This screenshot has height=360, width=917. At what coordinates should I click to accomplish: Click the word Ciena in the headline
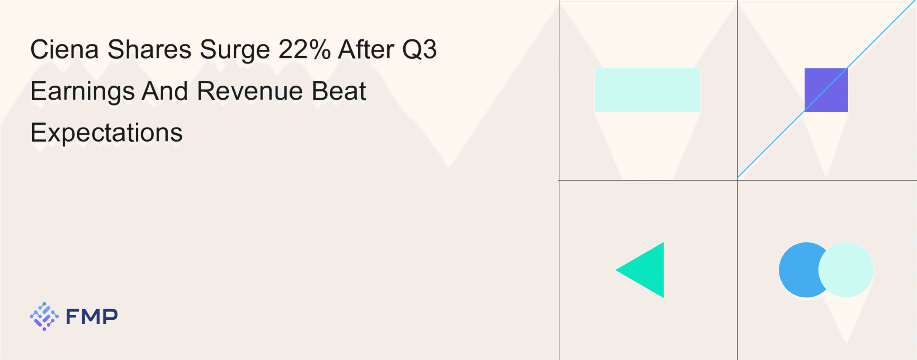pyautogui.click(x=64, y=49)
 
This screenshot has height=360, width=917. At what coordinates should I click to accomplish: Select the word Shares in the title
pyautogui.click(x=149, y=49)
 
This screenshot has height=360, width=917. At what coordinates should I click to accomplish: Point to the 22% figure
pyautogui.click(x=304, y=49)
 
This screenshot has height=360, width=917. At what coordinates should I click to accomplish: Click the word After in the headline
pyautogui.click(x=366, y=49)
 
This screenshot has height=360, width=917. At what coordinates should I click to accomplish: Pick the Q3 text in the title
pyautogui.click(x=419, y=50)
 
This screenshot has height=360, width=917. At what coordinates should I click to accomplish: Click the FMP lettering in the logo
pyautogui.click(x=92, y=316)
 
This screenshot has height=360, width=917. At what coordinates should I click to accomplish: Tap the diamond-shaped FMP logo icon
pyautogui.click(x=44, y=316)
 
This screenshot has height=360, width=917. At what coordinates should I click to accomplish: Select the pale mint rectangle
pyautogui.click(x=647, y=90)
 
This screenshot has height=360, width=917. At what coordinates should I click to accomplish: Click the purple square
pyautogui.click(x=826, y=90)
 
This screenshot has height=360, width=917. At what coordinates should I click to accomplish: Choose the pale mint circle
pyautogui.click(x=846, y=270)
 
